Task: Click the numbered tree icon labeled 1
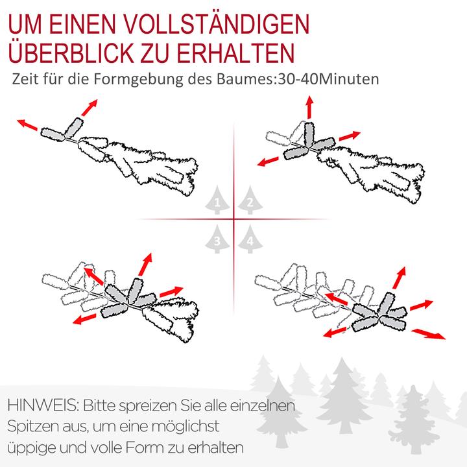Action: click(218, 202)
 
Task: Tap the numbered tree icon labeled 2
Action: click(248, 202)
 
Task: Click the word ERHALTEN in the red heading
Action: click(235, 51)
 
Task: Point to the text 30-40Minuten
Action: click(328, 80)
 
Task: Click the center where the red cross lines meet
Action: click(233, 220)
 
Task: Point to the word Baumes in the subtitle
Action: click(249, 80)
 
